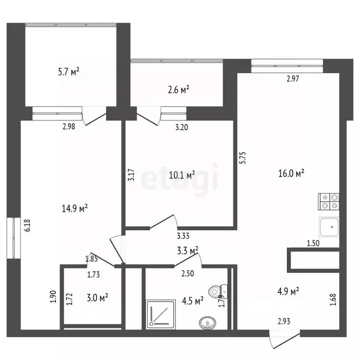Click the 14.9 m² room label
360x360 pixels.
coord(75,208)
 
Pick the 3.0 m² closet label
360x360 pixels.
coord(97,297)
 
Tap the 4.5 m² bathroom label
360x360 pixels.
coord(192,300)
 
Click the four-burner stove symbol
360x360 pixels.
coord(329,201)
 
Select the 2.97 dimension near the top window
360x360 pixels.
coord(292,79)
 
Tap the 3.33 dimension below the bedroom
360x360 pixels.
coord(183,237)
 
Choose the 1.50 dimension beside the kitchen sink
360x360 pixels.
coord(313,243)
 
